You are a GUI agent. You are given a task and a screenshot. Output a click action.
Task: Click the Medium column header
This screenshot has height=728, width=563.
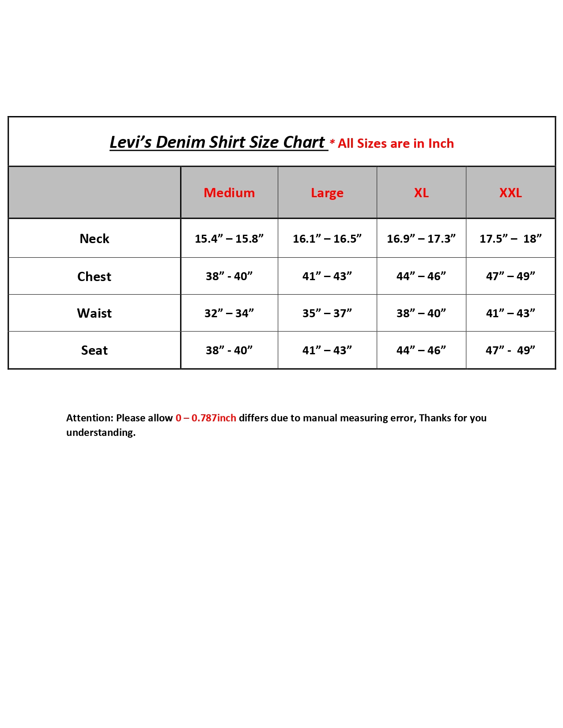click(x=229, y=193)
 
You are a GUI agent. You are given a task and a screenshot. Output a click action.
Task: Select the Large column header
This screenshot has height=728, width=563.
click(x=327, y=193)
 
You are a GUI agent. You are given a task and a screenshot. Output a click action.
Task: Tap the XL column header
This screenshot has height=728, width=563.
click(x=421, y=193)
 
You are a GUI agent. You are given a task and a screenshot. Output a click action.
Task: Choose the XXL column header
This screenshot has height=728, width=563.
click(x=510, y=193)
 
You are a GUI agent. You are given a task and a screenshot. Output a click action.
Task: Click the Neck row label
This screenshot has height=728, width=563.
click(x=94, y=239)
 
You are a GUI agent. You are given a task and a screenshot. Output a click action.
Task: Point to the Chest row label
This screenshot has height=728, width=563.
click(x=94, y=277)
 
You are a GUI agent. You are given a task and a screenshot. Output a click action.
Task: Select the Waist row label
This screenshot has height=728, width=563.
click(x=94, y=313)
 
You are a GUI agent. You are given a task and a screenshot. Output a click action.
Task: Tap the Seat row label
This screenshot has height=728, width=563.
click(x=94, y=350)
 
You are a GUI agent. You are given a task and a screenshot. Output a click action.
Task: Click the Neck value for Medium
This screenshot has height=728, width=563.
click(x=229, y=239)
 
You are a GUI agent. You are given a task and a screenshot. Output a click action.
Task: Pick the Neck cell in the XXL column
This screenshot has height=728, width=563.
click(x=510, y=239)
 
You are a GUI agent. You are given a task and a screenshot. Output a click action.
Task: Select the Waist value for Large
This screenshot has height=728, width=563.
click(x=327, y=313)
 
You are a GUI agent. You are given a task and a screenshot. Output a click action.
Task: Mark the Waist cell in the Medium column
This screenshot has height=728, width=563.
click(x=229, y=313)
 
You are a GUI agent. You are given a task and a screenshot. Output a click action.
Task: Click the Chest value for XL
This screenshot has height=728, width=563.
click(x=421, y=277)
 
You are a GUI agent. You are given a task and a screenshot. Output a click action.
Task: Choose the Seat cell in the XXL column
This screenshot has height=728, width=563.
click(x=510, y=350)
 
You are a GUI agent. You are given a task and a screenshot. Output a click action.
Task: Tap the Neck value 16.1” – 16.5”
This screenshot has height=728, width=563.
click(x=327, y=239)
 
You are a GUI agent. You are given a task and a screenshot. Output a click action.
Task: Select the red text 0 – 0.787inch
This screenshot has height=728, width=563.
click(x=206, y=418)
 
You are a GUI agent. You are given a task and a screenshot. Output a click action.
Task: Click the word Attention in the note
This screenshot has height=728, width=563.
click(x=90, y=418)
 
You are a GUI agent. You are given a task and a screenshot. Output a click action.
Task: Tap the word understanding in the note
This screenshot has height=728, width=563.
click(x=101, y=432)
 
